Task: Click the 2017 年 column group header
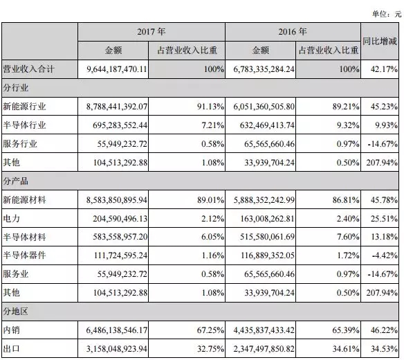point(151,32)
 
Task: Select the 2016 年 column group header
point(293,32)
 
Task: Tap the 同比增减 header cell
point(380,42)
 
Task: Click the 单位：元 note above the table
point(387,14)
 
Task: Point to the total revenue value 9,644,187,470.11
point(117,69)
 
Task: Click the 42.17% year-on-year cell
point(384,69)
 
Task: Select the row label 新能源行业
point(24,106)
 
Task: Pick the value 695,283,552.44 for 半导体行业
point(120,125)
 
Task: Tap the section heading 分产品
point(15,181)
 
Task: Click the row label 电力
point(11,219)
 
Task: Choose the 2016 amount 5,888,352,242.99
point(264,200)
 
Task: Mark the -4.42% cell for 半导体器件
point(385,255)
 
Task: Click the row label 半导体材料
point(24,237)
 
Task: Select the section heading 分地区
point(15,312)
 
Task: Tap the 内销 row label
point(11,330)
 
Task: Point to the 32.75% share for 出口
point(210,349)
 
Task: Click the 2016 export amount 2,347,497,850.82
point(264,349)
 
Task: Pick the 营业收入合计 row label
point(28,69)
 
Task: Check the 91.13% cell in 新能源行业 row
point(210,107)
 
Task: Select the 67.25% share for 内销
point(210,330)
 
